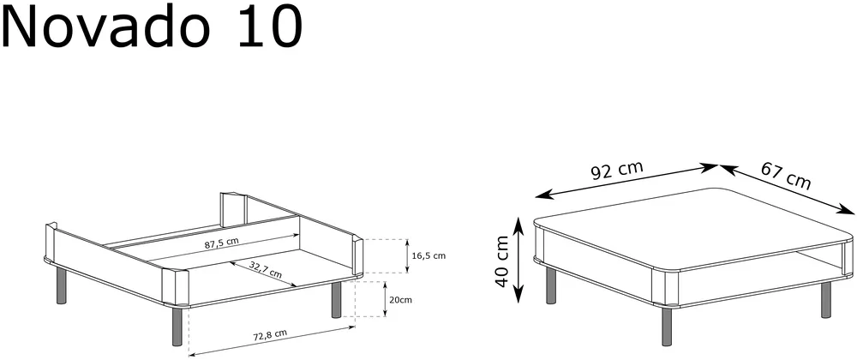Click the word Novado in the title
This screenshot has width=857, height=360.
[106, 26]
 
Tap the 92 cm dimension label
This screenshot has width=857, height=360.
[617, 171]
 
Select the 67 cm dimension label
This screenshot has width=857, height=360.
[785, 176]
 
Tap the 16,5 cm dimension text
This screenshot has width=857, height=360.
[428, 255]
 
